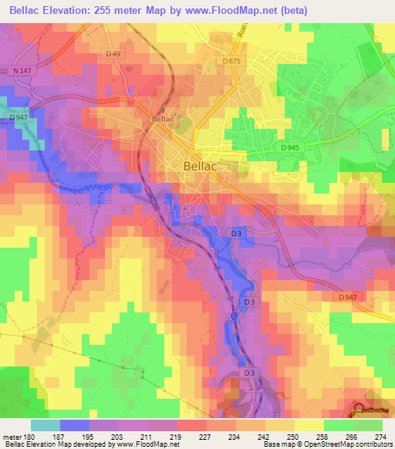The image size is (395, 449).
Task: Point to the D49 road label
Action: coord(114,53)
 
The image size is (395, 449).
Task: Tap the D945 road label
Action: coord(290,147)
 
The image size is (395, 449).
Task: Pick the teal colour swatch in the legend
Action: coord(46,425)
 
